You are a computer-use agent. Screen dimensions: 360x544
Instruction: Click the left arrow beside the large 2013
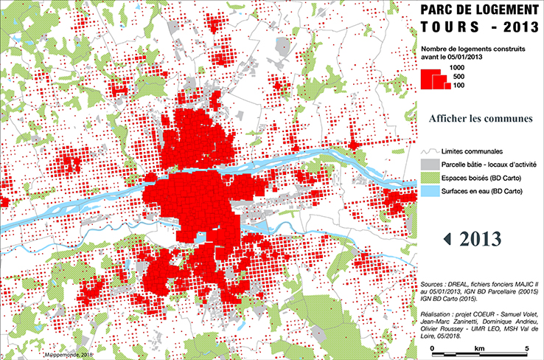(x=447, y=238)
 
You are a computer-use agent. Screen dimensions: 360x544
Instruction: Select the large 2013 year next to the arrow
(x=480, y=238)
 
